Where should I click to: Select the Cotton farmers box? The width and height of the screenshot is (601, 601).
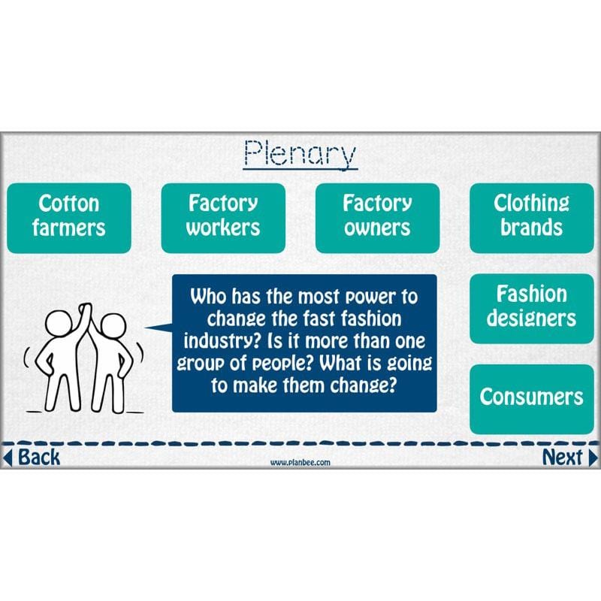point(69,218)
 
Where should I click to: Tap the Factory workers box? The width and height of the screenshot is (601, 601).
point(223,218)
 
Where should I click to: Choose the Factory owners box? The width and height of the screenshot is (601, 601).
point(377,218)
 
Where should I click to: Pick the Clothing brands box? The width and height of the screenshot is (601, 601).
point(531,218)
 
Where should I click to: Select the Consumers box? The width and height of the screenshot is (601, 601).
point(531,398)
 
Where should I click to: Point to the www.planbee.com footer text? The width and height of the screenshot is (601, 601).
point(300,463)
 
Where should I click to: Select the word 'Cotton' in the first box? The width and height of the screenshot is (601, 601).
point(69,204)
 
